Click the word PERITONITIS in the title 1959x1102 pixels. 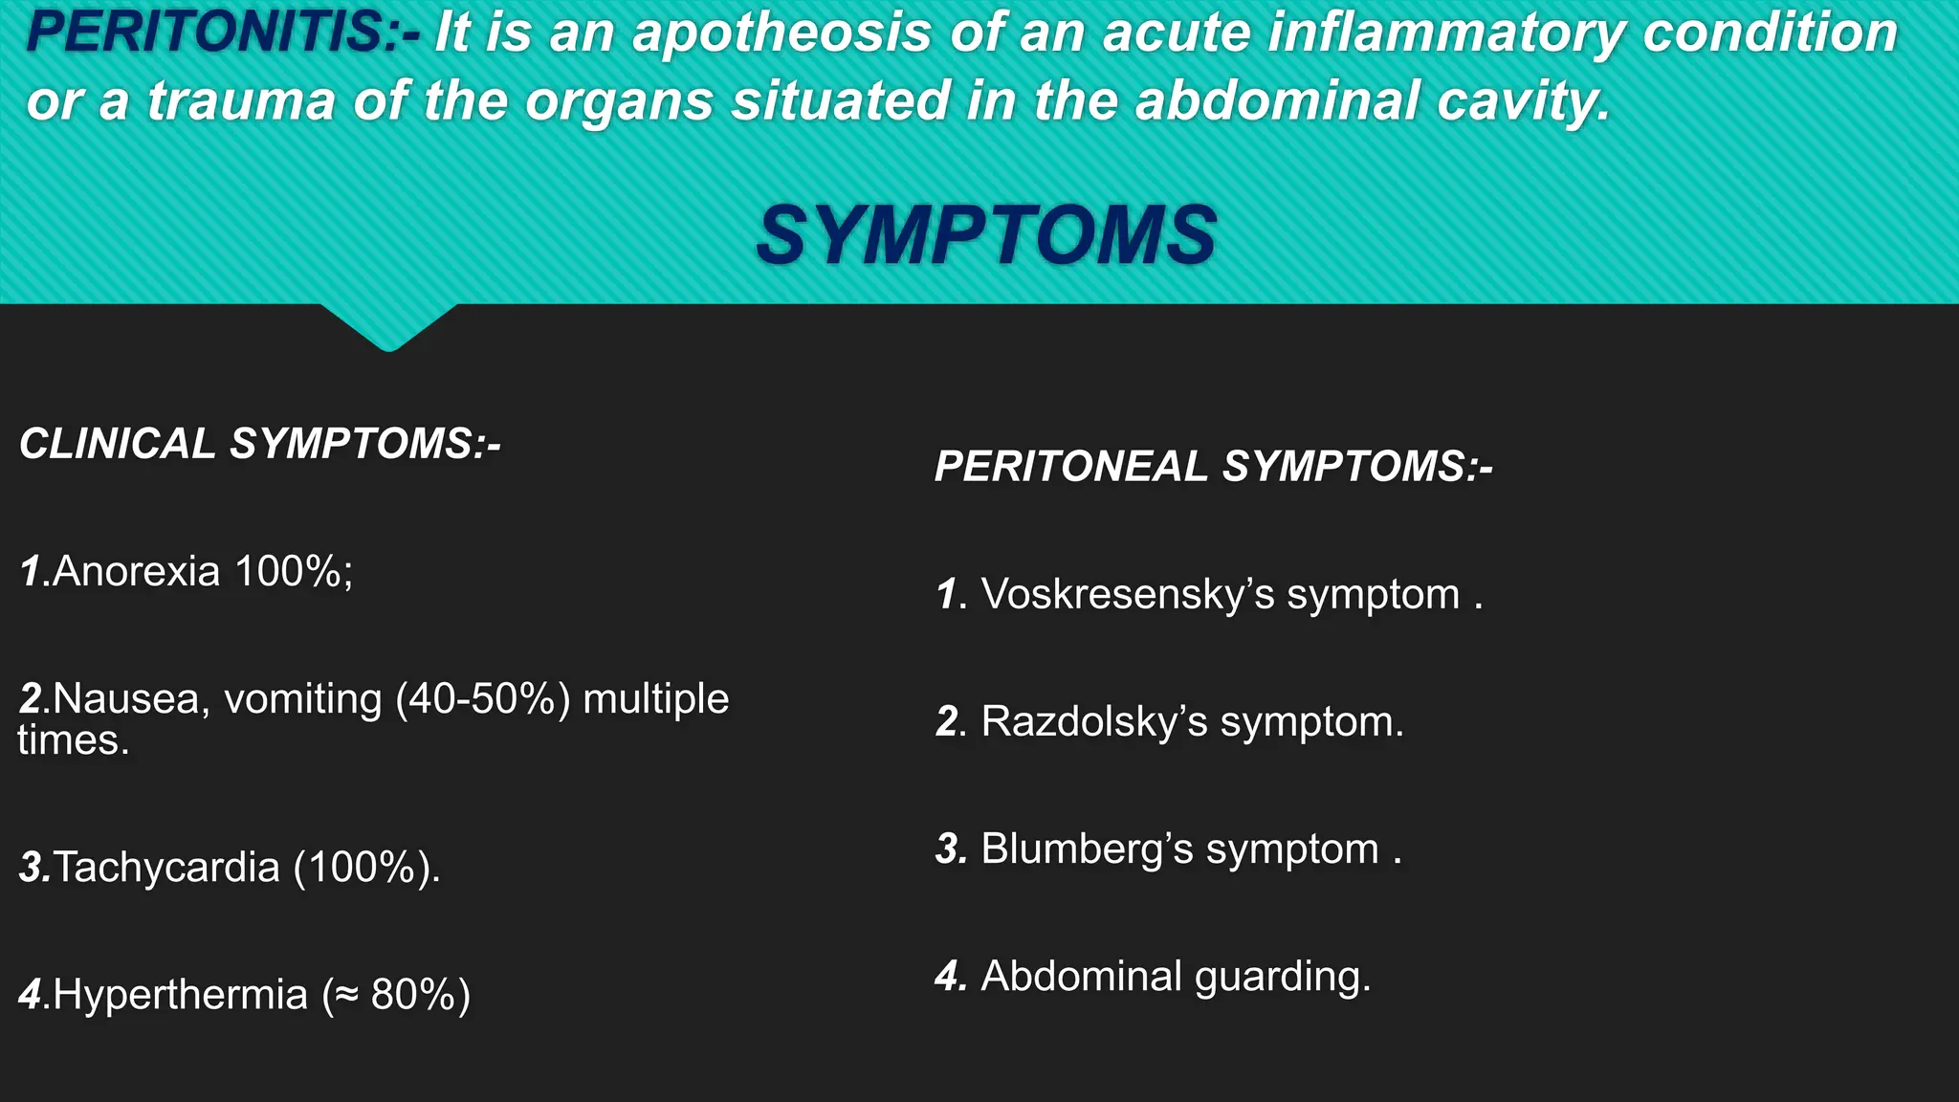(206, 32)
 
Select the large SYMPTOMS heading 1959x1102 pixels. (985, 235)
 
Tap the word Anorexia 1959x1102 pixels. (137, 572)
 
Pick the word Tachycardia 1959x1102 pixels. (166, 868)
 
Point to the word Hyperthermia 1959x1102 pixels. (180, 995)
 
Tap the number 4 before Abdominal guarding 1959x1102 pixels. (949, 977)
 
